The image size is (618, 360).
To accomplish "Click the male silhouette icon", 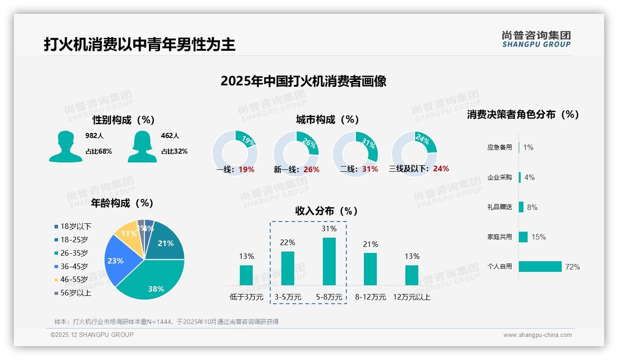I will (65, 146).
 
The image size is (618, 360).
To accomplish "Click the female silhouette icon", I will (142, 146).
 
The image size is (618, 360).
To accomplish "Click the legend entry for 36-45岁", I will (74, 266).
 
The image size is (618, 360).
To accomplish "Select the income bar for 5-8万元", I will (329, 261).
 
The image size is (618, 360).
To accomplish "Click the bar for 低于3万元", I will (246, 275).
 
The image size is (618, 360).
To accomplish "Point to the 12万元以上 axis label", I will (411, 297).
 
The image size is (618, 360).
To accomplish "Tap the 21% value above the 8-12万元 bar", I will (370, 244).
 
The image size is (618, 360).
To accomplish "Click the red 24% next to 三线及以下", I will (441, 169).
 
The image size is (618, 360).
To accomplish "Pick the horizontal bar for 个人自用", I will (540, 266).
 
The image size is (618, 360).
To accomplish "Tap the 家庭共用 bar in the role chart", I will (523, 237).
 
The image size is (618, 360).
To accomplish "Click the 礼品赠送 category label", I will (499, 207).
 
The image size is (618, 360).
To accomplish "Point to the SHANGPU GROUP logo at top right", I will (536, 39).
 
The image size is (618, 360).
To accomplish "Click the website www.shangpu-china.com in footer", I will (537, 335).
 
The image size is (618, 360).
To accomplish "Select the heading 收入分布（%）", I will (327, 211).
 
